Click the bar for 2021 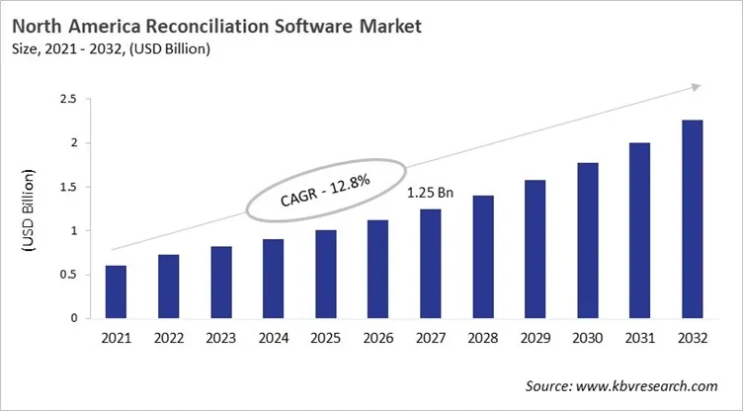(x=116, y=292)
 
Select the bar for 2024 (x=273, y=280)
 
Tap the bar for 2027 (x=430, y=264)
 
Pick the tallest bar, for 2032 (x=692, y=219)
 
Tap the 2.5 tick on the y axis (x=69, y=100)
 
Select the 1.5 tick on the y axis (x=69, y=187)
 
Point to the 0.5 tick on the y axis (x=69, y=275)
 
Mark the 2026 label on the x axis (x=377, y=338)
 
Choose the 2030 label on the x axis (x=587, y=338)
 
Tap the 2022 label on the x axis (x=168, y=338)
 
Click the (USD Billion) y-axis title (x=27, y=209)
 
